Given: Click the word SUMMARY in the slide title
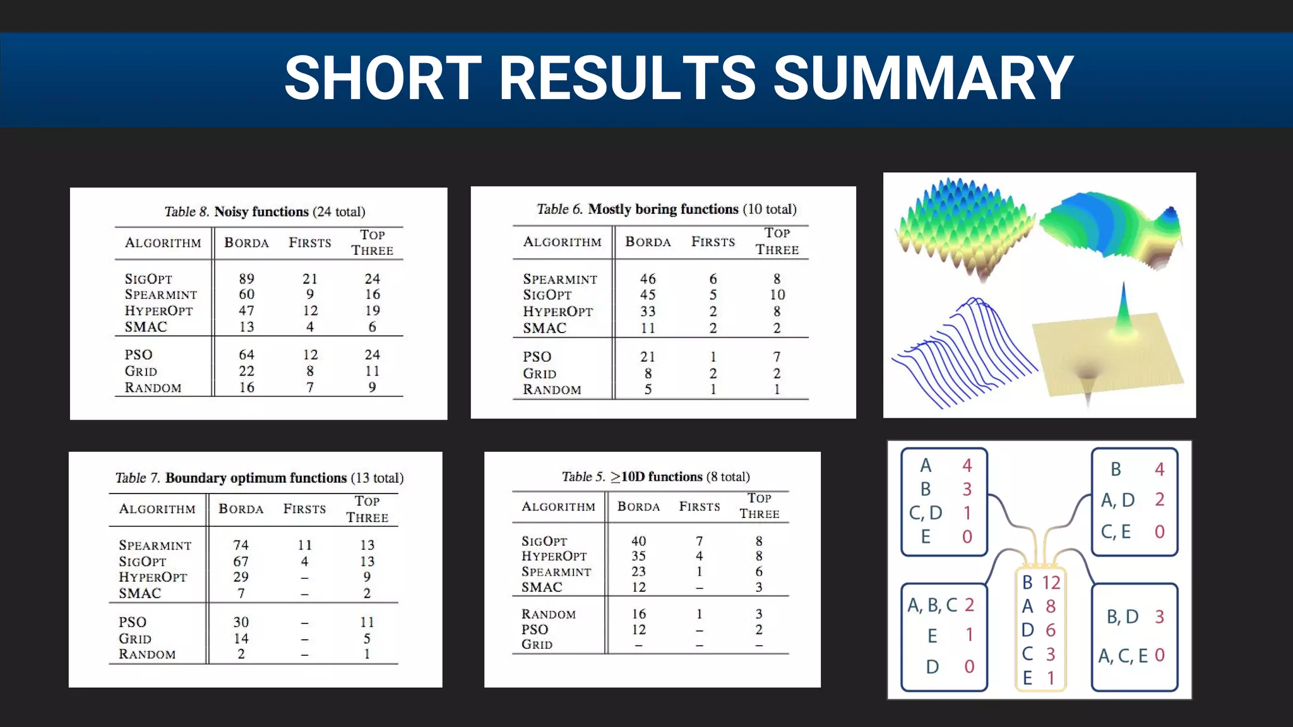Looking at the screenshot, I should [x=923, y=78].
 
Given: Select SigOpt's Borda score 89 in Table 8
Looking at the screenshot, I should [x=246, y=278].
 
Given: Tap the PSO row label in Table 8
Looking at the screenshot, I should [x=138, y=355].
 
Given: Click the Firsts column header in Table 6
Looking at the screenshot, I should [x=713, y=242].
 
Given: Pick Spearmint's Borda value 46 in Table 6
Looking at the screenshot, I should [x=648, y=278].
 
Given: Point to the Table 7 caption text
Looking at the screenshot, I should [x=259, y=478].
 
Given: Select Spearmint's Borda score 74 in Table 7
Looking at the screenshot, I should [x=241, y=545].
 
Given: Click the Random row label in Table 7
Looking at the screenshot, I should [x=147, y=654].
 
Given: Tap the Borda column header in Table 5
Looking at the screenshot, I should [x=638, y=507].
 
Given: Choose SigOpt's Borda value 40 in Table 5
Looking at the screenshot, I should [x=638, y=541].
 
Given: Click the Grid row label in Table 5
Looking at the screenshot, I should [x=537, y=644].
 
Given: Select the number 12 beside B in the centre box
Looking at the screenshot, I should [x=1051, y=582].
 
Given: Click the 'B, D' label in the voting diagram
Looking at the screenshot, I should [x=1123, y=617].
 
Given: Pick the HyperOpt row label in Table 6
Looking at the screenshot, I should [x=557, y=312].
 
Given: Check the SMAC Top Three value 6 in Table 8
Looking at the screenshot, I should [x=372, y=327].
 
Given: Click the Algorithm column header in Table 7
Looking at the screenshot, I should [x=157, y=509].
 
